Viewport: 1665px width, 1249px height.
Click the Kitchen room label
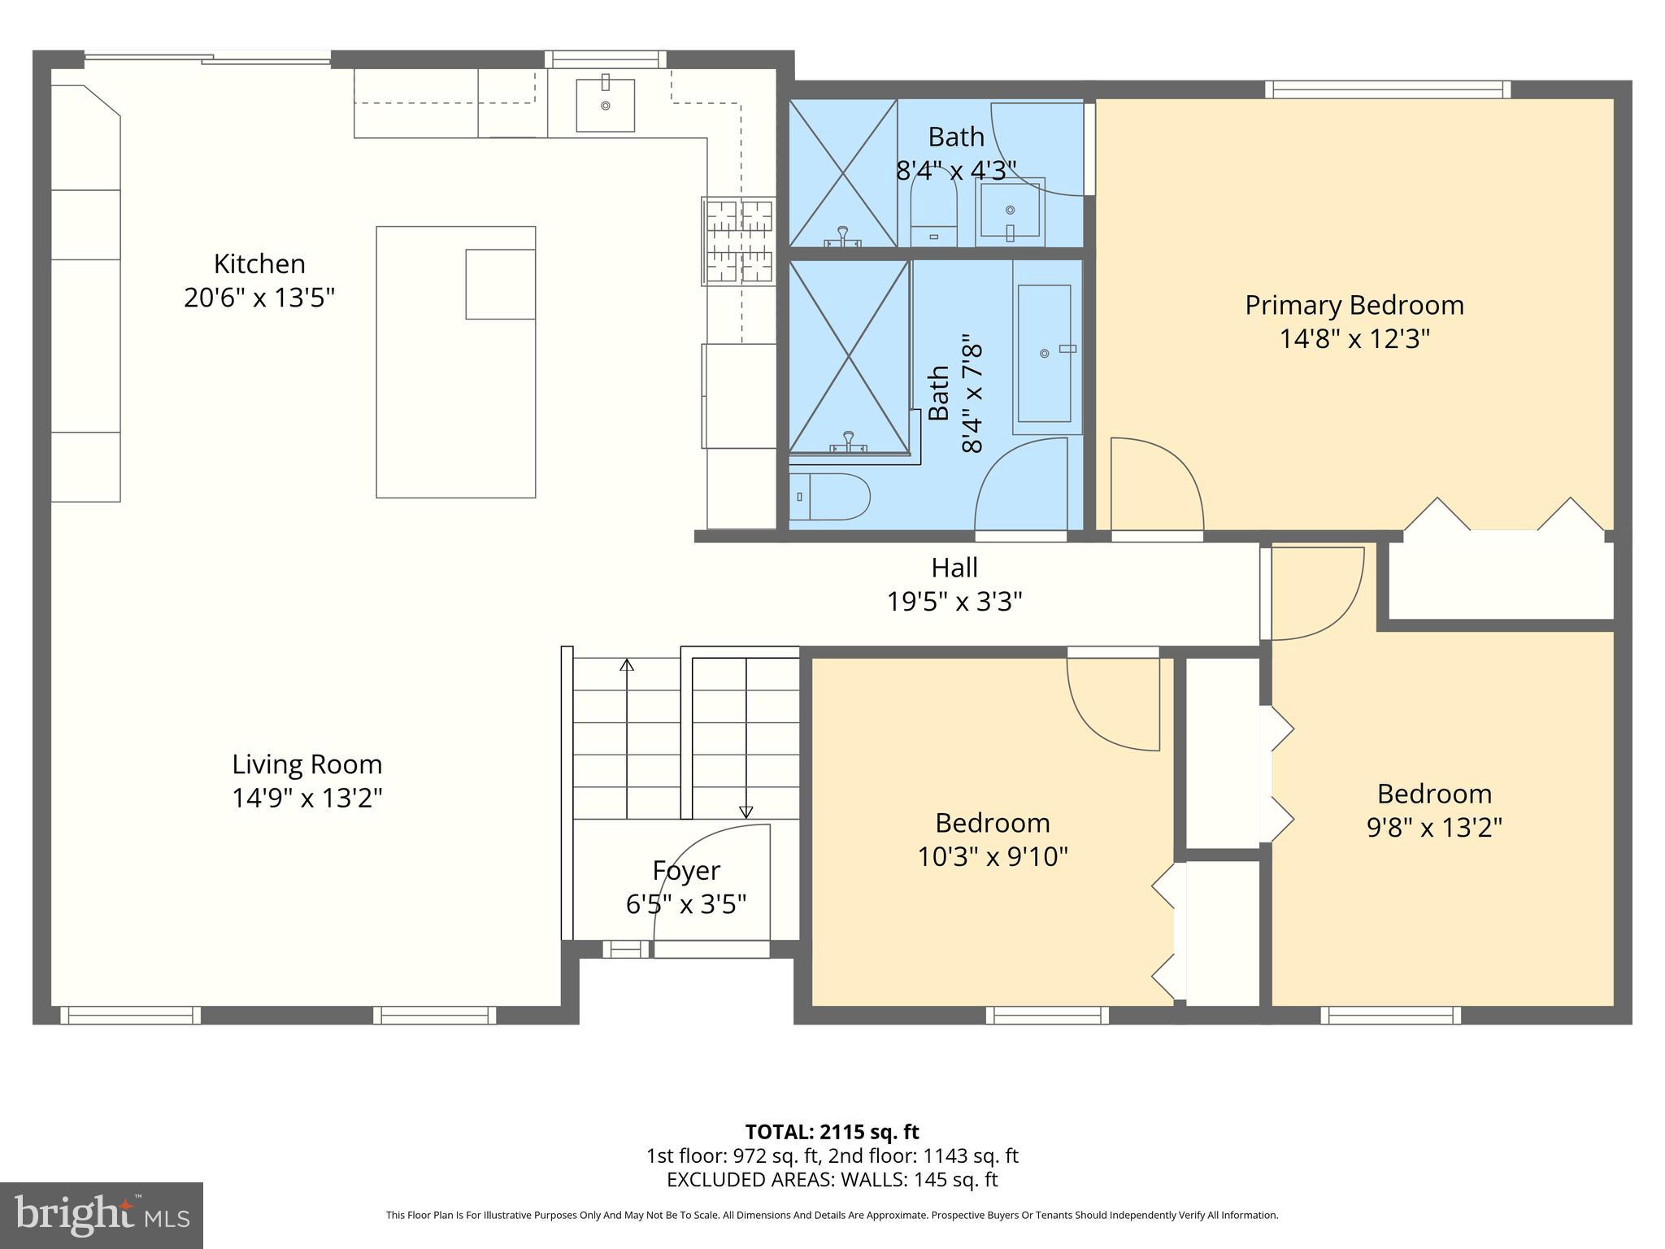pyautogui.click(x=259, y=263)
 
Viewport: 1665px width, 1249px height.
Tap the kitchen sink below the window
pyautogui.click(x=605, y=104)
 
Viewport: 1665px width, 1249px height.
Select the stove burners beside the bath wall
pyautogui.click(x=738, y=242)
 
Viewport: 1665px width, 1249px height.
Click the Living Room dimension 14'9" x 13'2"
pyautogui.click(x=307, y=799)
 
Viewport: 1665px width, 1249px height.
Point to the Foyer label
pyautogui.click(x=686, y=871)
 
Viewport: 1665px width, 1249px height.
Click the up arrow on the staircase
pyautogui.click(x=627, y=665)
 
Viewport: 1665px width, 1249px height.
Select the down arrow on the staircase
pyautogui.click(x=746, y=811)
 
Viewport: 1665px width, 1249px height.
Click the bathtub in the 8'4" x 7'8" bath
pyautogui.click(x=1045, y=353)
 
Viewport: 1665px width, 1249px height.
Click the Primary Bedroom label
pyautogui.click(x=1354, y=305)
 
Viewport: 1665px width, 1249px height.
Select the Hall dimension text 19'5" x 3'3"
pyautogui.click(x=954, y=602)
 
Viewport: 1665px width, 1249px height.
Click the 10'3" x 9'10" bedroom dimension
pyautogui.click(x=993, y=857)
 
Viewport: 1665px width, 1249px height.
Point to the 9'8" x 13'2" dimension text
pyautogui.click(x=1434, y=828)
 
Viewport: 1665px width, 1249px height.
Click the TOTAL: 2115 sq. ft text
pyautogui.click(x=832, y=1132)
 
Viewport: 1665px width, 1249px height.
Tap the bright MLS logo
pyautogui.click(x=102, y=1215)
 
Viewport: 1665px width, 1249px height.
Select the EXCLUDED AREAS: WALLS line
pyautogui.click(x=832, y=1180)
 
